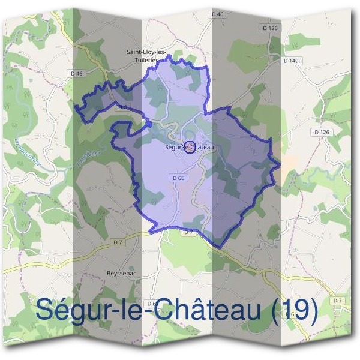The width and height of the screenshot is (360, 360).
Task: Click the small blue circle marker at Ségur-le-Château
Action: pyautogui.click(x=189, y=146)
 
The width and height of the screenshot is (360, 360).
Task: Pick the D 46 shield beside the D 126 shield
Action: pyautogui.click(x=217, y=13)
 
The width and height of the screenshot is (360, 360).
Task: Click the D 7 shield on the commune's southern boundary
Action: pyautogui.click(x=188, y=232)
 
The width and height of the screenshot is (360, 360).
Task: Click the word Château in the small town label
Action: pyautogui.click(x=202, y=146)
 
